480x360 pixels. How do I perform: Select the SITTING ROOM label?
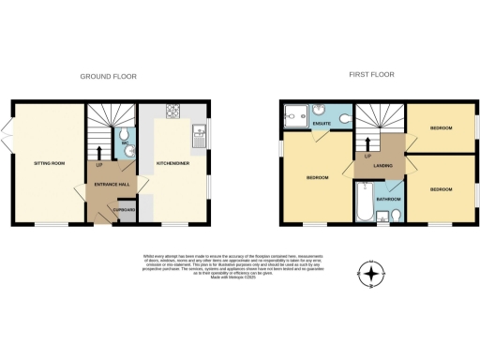click(50, 163)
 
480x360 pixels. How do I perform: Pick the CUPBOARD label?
click(125, 210)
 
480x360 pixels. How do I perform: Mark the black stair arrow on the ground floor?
click(100, 150)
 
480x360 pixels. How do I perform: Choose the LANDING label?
click(382, 166)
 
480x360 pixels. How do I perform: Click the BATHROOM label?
click(389, 199)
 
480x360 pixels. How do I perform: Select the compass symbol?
click(372, 275)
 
